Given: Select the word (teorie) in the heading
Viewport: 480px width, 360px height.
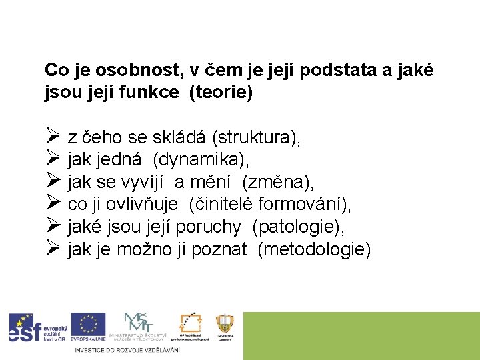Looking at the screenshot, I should [x=221, y=92].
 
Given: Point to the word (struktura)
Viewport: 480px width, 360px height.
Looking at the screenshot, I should [x=256, y=138].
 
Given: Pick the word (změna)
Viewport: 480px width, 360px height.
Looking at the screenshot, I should [x=278, y=182].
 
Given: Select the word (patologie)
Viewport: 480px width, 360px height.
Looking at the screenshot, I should [x=299, y=227].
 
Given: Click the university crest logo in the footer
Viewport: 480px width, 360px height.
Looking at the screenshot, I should [x=225, y=327].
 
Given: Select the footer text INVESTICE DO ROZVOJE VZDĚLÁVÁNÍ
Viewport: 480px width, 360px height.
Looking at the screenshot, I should [x=127, y=350].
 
